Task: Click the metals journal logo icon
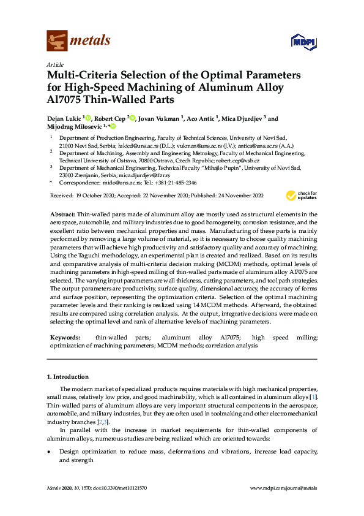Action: [x=57, y=41]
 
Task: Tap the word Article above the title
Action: [x=55, y=64]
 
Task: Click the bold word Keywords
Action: [x=65, y=338]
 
